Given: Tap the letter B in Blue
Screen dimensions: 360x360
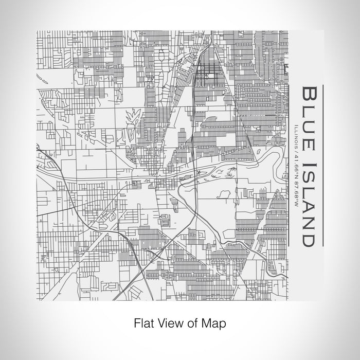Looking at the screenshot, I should click(x=308, y=96).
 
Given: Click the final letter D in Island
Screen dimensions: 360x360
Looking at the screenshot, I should click(x=308, y=238).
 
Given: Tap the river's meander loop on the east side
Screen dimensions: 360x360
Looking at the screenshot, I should click(x=272, y=155).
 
